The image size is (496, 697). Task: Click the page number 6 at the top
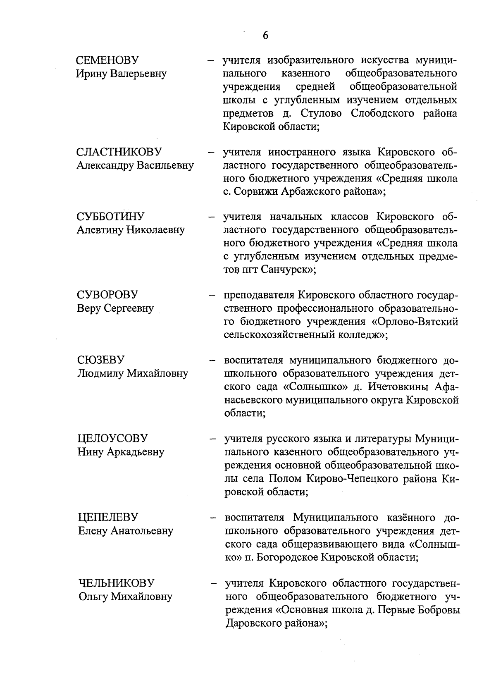[265, 36]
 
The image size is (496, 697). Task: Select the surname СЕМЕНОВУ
[107, 60]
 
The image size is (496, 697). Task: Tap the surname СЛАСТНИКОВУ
[119, 152]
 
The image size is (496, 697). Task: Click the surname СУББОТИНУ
[110, 217]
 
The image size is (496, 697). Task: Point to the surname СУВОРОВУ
[107, 295]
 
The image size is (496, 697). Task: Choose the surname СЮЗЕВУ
[101, 360]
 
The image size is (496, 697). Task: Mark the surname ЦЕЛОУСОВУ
[112, 438]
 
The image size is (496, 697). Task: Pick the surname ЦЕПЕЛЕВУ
[108, 517]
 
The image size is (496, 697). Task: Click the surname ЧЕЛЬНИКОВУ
[117, 583]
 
